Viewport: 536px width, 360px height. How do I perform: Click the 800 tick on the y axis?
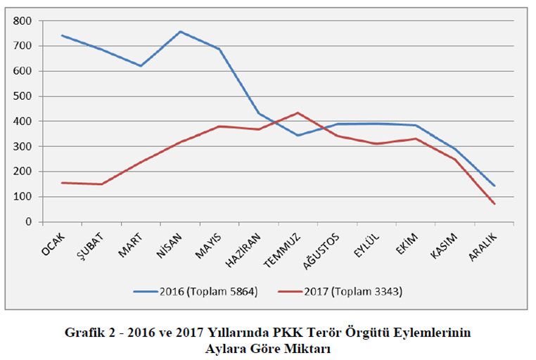23,21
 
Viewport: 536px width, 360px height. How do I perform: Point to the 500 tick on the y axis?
23,96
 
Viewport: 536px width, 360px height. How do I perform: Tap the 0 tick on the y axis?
29,222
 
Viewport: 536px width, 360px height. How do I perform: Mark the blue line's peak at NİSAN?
180,32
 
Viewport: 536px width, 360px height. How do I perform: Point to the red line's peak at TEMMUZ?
298,112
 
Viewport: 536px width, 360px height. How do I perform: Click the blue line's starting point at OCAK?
62,35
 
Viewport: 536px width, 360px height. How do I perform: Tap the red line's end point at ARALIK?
495,204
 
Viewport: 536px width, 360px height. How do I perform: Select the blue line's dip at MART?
141,66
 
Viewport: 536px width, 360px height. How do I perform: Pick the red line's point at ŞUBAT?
101,184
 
